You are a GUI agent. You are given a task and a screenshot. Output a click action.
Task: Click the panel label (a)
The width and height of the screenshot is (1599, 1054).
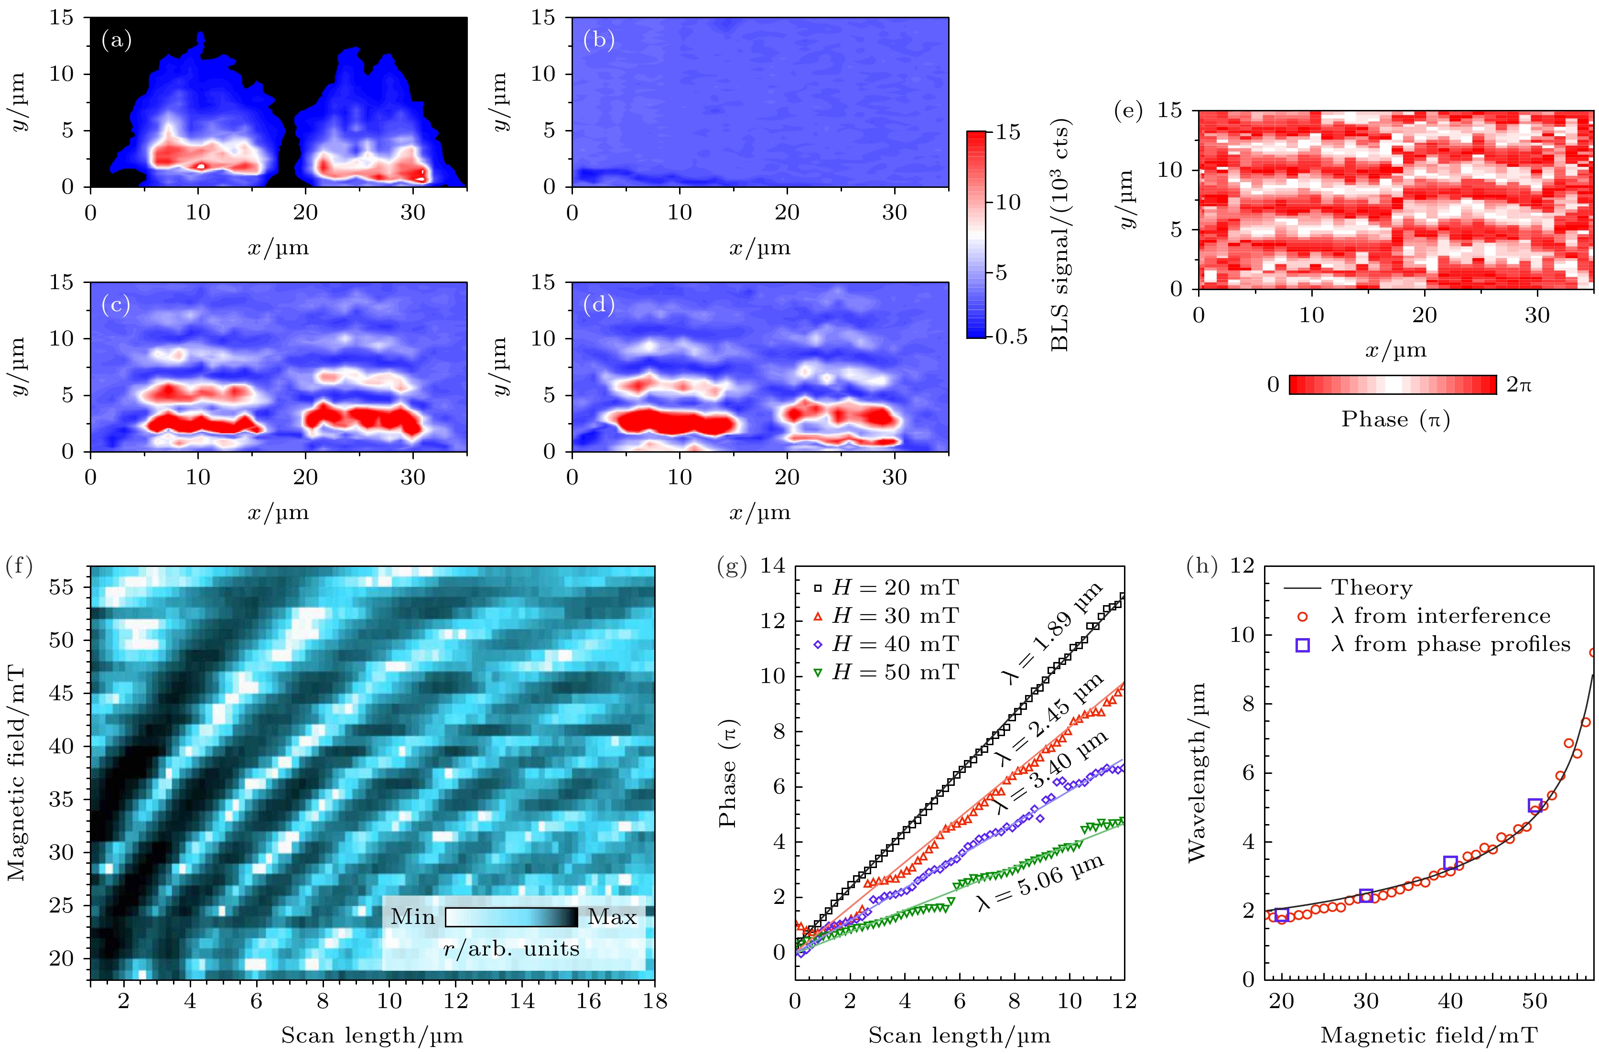[116, 41]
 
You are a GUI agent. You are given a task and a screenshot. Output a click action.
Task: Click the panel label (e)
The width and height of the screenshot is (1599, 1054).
[1128, 111]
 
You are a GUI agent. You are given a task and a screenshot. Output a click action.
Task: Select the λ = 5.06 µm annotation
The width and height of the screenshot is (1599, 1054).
[1040, 882]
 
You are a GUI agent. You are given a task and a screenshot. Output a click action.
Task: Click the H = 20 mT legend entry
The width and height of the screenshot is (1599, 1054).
[887, 587]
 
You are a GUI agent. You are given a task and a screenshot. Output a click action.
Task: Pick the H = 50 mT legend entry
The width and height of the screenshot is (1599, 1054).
[887, 672]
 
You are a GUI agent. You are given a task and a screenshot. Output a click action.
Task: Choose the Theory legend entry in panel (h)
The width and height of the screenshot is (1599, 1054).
[1371, 587]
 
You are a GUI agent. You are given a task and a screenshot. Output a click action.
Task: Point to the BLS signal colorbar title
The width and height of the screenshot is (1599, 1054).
[1059, 235]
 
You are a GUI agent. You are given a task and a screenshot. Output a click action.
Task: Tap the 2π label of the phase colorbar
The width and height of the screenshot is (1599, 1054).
[1518, 384]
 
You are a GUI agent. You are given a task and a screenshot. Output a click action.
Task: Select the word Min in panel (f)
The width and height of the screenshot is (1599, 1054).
[412, 917]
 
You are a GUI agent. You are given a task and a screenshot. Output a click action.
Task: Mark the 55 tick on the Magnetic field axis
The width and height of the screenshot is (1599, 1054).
[62, 587]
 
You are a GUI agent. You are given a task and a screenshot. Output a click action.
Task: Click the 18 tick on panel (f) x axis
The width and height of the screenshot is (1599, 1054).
[654, 1001]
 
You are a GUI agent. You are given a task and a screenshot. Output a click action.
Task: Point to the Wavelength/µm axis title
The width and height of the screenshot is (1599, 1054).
[1197, 773]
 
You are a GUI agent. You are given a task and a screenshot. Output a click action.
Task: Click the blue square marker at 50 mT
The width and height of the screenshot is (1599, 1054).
[1534, 805]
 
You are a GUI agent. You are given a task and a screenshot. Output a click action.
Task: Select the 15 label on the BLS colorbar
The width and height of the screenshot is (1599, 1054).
[1008, 132]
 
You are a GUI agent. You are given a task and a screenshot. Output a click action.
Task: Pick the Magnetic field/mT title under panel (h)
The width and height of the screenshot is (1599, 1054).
[1429, 1035]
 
